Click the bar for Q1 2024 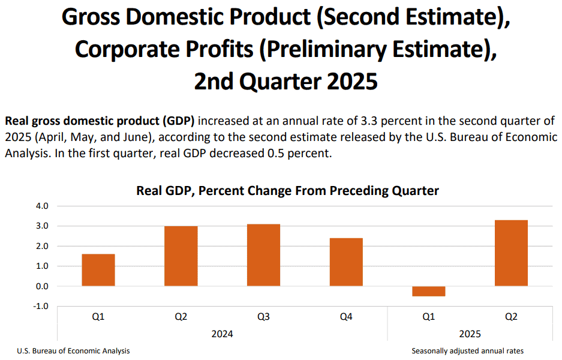point(98,270)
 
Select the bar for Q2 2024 point(181,256)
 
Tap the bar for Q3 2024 point(263,255)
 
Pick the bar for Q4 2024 point(346,262)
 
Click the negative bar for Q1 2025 point(429,291)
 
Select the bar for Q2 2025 point(511,253)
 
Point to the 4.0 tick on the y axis point(42,206)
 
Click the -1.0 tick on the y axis point(41,306)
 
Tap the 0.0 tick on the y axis point(42,286)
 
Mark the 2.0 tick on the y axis point(42,247)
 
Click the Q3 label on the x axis point(263,317)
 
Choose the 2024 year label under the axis point(222,334)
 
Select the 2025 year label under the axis point(470,334)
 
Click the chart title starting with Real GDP point(287,191)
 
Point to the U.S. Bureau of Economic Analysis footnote point(74,351)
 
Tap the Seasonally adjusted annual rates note point(467,351)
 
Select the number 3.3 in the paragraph point(369,121)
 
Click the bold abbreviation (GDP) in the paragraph point(178,121)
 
